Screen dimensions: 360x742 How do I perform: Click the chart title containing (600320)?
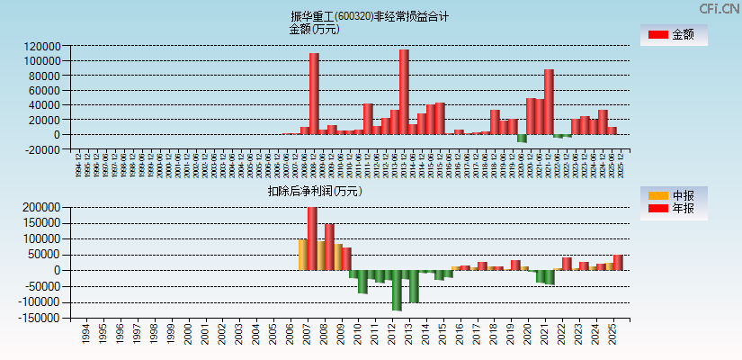coord(370,16)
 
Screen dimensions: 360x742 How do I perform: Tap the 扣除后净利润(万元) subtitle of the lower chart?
coord(314,191)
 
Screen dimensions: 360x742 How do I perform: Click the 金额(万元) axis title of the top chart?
coord(314,29)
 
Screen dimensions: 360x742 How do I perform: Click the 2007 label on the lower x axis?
coord(306,336)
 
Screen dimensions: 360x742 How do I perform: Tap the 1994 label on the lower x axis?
coord(85,336)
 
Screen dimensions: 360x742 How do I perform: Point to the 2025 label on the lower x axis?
coord(612,336)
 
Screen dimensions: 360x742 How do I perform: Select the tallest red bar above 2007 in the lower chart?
coord(312,238)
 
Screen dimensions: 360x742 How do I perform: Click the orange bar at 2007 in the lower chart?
coord(303,254)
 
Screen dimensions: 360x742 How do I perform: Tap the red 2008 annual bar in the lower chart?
coord(329,247)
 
